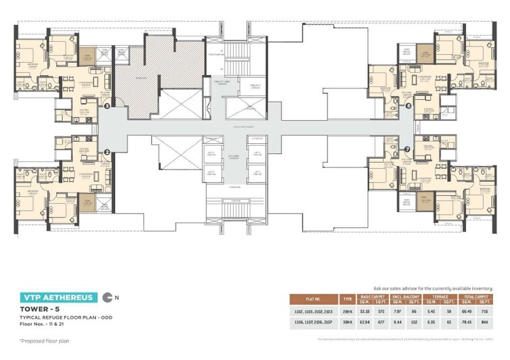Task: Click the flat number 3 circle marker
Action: [x=107, y=105]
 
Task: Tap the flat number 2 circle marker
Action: [x=107, y=153]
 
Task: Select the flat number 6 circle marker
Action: [x=408, y=105]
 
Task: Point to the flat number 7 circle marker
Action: [x=407, y=149]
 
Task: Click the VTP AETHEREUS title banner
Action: [x=57, y=297]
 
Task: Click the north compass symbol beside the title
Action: [x=108, y=297]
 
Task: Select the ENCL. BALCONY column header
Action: [x=407, y=297]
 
